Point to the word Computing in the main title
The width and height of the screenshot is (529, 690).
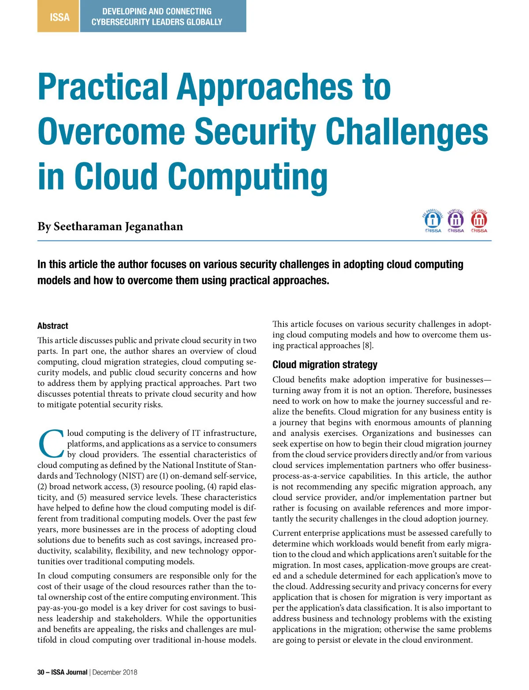(x=248, y=176)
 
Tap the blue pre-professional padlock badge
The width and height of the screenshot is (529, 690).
(x=433, y=220)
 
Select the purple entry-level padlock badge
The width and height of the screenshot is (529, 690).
(x=456, y=220)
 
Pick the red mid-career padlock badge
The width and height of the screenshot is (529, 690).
(x=479, y=220)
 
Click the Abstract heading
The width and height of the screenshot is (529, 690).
(x=53, y=326)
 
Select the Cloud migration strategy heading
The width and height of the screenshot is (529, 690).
(x=325, y=365)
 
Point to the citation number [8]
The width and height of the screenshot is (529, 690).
(x=368, y=345)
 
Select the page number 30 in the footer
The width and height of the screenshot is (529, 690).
(x=41, y=672)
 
